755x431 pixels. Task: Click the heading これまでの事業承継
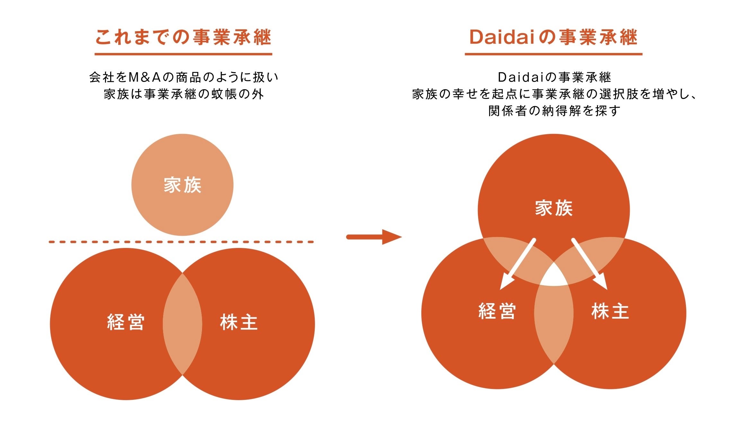coord(183,37)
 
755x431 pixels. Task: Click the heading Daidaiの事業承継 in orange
coord(553,37)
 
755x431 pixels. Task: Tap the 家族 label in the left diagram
coord(182,185)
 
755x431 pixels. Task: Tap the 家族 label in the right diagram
coord(554,208)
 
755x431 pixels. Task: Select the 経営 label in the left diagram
coord(126,322)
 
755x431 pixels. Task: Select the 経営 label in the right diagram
coord(497,311)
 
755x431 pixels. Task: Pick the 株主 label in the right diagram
coord(610,311)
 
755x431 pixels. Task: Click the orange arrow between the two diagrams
coord(374,237)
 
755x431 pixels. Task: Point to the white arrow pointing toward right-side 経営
coord(518,263)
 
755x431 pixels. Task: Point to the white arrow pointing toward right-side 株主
coord(589,263)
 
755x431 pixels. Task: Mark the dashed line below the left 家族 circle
coord(181,242)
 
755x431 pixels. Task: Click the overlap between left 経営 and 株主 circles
coord(182,324)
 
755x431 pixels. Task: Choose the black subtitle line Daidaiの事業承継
coord(554,77)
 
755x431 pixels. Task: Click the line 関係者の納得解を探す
coord(554,111)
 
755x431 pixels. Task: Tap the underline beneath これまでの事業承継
coord(183,54)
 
